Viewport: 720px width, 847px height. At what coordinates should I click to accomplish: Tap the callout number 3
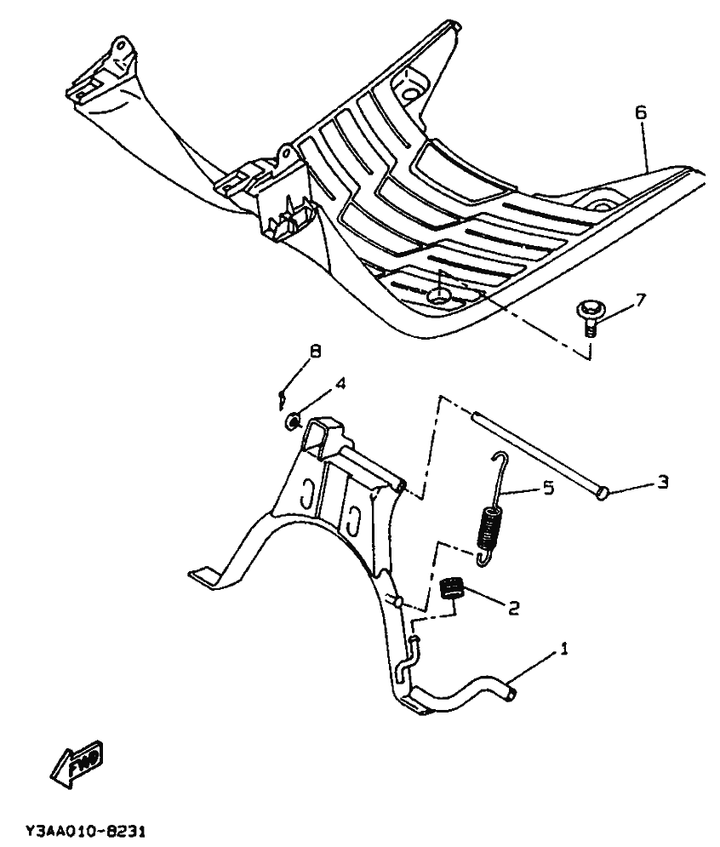[x=661, y=483]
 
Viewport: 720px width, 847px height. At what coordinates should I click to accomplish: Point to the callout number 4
[x=340, y=384]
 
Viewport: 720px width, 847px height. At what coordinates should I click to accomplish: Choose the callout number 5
[x=548, y=489]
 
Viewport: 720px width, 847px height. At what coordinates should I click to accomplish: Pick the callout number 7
[x=641, y=300]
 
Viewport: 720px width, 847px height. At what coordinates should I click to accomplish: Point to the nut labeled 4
[x=292, y=420]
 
